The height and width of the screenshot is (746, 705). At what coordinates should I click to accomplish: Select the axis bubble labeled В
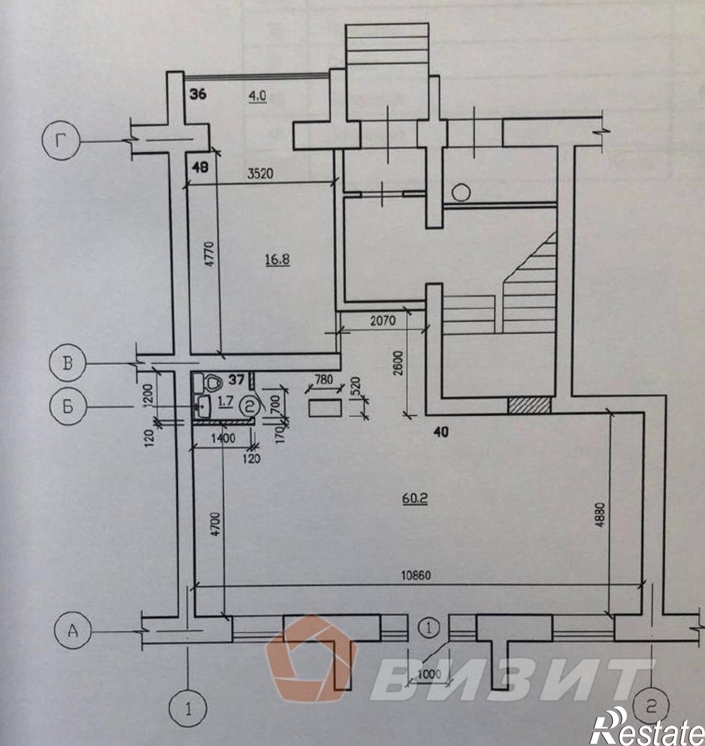point(68,364)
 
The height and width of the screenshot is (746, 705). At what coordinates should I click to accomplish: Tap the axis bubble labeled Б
point(68,407)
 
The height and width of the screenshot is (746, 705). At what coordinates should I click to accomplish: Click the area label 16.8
point(278,259)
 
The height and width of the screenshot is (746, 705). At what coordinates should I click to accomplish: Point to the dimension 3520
point(260,174)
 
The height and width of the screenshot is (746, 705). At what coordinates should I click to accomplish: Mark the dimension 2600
point(399,363)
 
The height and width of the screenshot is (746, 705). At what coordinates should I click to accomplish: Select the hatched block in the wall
point(530,406)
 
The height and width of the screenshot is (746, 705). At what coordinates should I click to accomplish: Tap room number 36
point(198,94)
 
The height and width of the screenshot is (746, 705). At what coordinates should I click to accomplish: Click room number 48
point(200,167)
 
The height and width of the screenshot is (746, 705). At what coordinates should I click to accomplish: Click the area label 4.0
point(257,96)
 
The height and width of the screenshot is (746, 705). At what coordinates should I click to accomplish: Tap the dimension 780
point(324,380)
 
